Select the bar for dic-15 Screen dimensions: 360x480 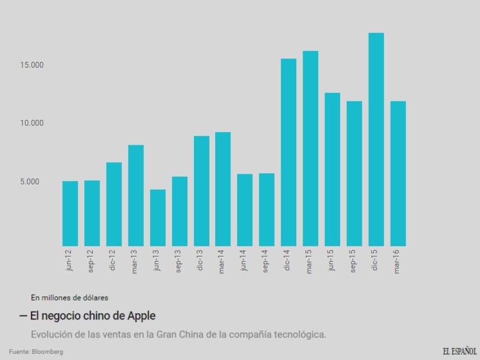(x=376, y=139)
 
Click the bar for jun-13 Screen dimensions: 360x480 (x=157, y=218)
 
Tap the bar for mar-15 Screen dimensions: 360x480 (x=310, y=148)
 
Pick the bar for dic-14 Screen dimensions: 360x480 (x=288, y=152)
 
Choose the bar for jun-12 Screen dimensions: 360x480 (x=70, y=213)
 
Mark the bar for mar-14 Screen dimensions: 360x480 (x=223, y=189)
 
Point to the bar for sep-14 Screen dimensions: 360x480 (x=266, y=209)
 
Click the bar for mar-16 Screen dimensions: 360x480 (x=398, y=173)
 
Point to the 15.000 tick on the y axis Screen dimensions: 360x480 (x=31, y=65)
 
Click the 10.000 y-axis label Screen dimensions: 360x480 (x=31, y=123)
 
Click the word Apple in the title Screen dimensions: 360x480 (x=142, y=316)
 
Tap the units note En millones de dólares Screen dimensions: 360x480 (x=70, y=298)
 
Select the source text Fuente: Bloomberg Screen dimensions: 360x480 (x=36, y=352)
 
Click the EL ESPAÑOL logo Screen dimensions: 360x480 (x=459, y=351)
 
